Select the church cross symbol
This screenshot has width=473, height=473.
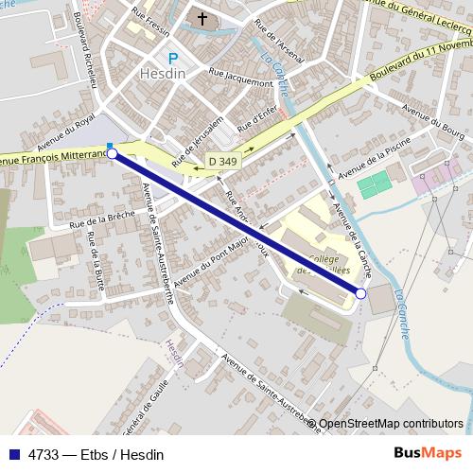pos(201,18)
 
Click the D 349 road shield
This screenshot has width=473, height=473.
pos(222,162)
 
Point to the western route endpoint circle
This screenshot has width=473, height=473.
pos(113,152)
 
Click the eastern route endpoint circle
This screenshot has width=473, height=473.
pos(360,294)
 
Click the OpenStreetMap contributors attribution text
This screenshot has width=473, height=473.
pos(391,424)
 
